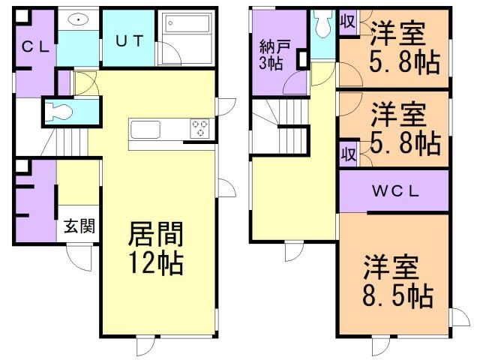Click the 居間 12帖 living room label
point(156,248)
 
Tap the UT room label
point(130,40)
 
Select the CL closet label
point(36,47)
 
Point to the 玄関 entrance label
point(79,226)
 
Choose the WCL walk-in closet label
point(395,191)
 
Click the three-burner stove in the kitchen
point(199,128)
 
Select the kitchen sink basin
point(145,130)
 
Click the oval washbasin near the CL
point(78,20)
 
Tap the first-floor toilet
point(58,112)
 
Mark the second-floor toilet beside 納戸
point(322,24)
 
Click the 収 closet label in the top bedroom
point(348,22)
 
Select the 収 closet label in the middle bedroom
point(348,154)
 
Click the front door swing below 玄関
point(79,258)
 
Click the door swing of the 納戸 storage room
point(295,83)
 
